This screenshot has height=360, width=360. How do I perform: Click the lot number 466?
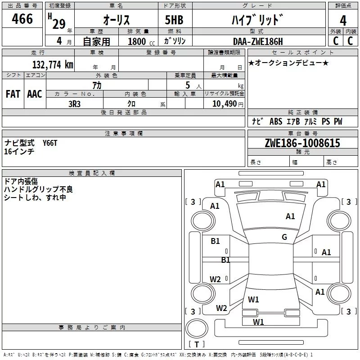(22, 18)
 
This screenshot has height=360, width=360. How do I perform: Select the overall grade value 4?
(343, 21)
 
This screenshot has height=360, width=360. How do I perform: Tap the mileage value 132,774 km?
(53, 65)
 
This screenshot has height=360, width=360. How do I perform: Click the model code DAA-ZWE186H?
(258, 41)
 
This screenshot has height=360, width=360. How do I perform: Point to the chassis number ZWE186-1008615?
(302, 143)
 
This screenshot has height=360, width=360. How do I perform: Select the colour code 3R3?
(74, 104)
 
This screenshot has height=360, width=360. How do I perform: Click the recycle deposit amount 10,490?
(225, 104)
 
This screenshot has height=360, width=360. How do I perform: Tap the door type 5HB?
(174, 20)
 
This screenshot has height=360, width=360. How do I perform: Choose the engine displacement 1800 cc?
(141, 41)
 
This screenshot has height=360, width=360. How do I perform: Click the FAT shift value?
(13, 94)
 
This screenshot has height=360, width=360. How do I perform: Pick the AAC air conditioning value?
(35, 94)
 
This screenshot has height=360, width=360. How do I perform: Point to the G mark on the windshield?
(284, 237)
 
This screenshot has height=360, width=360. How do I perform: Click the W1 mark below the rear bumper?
(258, 322)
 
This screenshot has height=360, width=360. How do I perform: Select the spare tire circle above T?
(197, 328)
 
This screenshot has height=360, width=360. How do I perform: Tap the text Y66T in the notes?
(50, 143)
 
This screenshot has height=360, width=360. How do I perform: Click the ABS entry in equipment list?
(276, 121)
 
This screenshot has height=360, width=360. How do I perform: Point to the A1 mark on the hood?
(290, 216)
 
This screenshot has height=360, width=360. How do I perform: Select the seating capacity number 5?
(188, 85)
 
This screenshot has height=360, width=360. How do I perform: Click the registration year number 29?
(59, 24)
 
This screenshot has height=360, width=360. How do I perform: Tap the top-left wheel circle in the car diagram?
(203, 221)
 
